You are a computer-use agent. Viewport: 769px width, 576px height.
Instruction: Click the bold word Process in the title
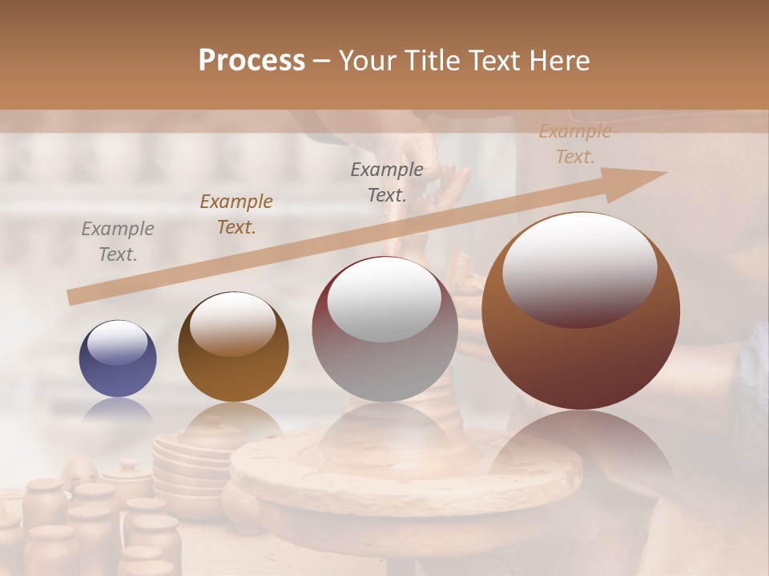tap(252, 61)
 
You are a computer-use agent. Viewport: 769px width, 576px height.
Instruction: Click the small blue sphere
tap(118, 359)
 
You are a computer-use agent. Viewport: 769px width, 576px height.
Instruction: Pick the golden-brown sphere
tap(233, 347)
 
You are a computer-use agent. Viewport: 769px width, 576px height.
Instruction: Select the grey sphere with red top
tap(384, 330)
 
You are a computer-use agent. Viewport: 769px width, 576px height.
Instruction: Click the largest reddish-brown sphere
tap(581, 311)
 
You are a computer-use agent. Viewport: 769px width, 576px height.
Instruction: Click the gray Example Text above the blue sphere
tap(118, 242)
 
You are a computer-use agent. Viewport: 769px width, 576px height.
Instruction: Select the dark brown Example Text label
tap(236, 214)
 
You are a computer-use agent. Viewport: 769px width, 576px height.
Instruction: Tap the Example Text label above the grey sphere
tap(387, 182)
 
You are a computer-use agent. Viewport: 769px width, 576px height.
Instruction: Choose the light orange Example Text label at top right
tap(574, 144)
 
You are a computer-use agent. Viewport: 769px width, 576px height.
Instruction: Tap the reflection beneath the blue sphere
tap(118, 410)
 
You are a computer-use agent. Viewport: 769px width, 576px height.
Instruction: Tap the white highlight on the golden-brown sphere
tap(232, 323)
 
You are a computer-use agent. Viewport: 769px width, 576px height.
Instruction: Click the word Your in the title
tap(366, 61)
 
